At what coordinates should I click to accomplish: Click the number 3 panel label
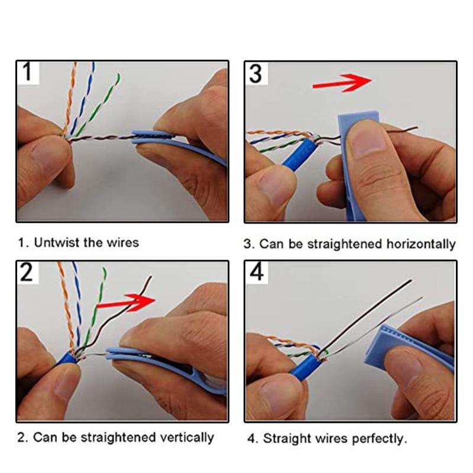coord(256,73)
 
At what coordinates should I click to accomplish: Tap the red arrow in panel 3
coord(342,82)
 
